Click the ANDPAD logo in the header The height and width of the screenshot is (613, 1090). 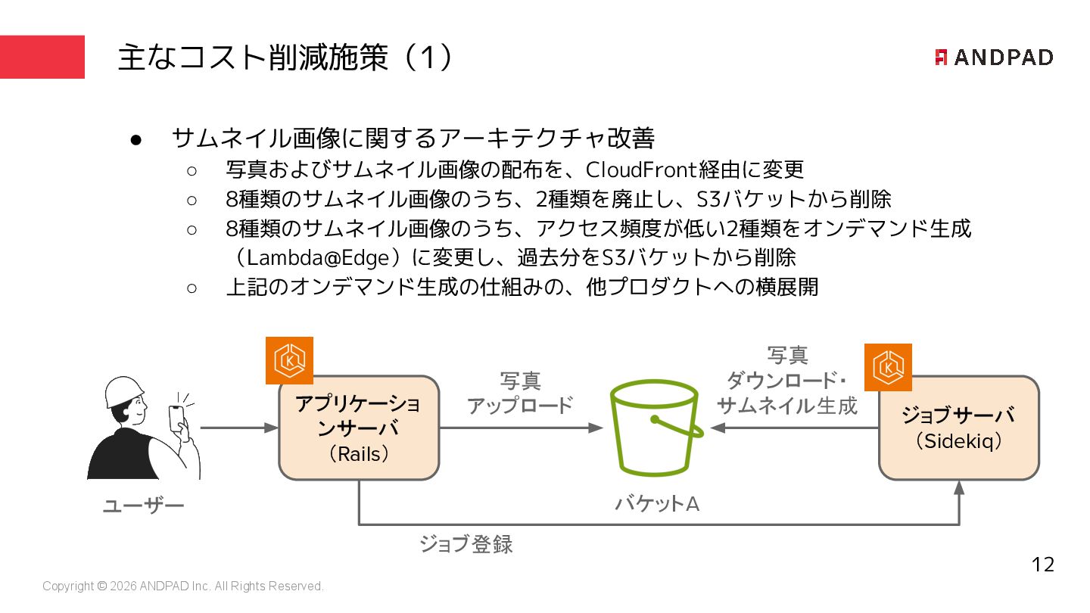click(x=993, y=58)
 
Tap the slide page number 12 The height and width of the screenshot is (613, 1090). click(x=1042, y=565)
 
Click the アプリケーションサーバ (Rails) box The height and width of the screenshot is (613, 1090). click(x=359, y=428)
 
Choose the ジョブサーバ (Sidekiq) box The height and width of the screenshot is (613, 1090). click(x=958, y=428)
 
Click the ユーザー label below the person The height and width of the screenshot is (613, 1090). click(x=143, y=506)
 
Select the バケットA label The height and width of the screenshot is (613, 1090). click(x=656, y=503)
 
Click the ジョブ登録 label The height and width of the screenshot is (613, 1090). click(x=466, y=544)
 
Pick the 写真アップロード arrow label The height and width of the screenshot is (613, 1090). click(x=520, y=393)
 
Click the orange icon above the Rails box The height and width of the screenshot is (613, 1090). click(x=289, y=361)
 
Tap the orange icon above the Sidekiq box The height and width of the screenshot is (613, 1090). click(x=888, y=367)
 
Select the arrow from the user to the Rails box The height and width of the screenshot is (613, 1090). click(x=239, y=428)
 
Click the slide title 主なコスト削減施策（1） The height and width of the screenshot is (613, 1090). click(x=286, y=58)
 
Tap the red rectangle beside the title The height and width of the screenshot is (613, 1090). click(x=42, y=57)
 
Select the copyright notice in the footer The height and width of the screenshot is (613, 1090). click(x=183, y=587)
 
